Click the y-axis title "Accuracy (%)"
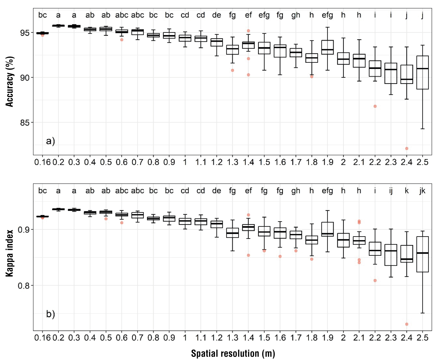coord(10,82)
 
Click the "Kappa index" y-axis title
coord(10,253)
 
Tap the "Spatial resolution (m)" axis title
coord(233,354)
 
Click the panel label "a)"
coord(50,141)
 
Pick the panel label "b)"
coord(50,314)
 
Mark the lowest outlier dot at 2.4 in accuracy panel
coord(407,148)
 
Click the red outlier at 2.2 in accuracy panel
coord(375,106)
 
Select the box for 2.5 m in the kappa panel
coord(422,254)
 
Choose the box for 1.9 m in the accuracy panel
coord(328,47)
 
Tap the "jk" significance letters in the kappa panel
coord(422,191)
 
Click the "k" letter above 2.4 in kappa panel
coord(407,191)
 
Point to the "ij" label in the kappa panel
coord(391,191)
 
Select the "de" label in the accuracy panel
coord(216,15)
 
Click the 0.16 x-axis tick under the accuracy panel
coord(42,162)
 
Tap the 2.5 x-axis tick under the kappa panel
coord(422,338)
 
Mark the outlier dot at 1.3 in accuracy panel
coord(233,70)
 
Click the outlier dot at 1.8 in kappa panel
coord(312,259)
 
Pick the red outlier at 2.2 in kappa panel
coord(375,281)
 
